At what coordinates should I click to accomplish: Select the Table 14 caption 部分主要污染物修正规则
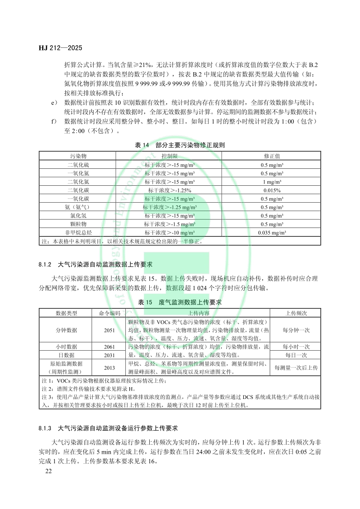(180, 145)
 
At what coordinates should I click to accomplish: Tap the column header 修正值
(271, 155)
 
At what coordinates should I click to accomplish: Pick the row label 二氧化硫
(78, 165)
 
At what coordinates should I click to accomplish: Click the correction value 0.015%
(271, 190)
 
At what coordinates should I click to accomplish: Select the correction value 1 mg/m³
(271, 182)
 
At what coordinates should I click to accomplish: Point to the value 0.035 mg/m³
(271, 232)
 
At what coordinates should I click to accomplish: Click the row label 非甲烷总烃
(78, 232)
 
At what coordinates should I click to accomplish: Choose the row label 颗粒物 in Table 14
(78, 224)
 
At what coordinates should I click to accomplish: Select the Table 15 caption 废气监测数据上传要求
(180, 302)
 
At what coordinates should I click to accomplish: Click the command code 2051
(109, 330)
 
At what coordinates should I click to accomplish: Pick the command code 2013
(109, 368)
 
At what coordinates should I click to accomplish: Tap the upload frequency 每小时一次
(296, 347)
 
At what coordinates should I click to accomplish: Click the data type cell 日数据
(66, 355)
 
